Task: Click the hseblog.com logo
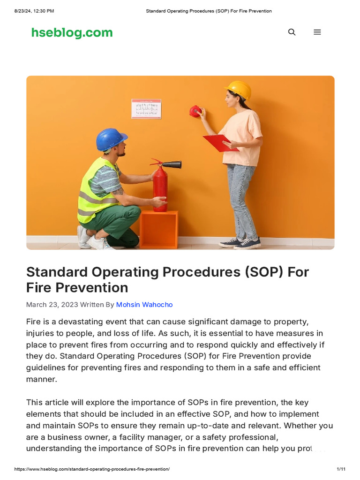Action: (x=72, y=32)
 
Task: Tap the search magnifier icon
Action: (x=292, y=32)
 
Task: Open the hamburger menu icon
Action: (x=317, y=32)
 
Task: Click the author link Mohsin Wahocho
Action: (x=144, y=305)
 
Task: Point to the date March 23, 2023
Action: (x=52, y=305)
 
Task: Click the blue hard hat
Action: (x=111, y=139)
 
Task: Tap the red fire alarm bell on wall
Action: (x=195, y=111)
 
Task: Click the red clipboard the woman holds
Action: (x=220, y=142)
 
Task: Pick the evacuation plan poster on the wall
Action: (x=146, y=109)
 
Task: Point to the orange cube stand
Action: (x=159, y=229)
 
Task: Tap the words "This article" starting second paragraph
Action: (x=48, y=403)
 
